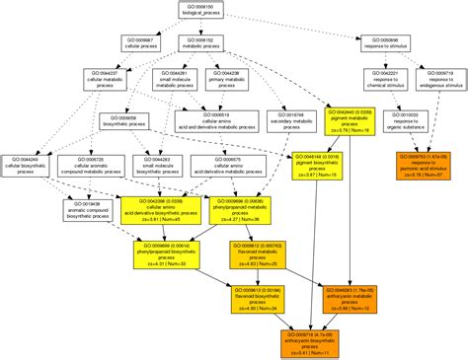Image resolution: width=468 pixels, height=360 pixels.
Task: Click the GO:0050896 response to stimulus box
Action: pos(386,43)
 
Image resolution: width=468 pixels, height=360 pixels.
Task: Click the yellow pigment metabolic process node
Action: pos(349,121)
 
